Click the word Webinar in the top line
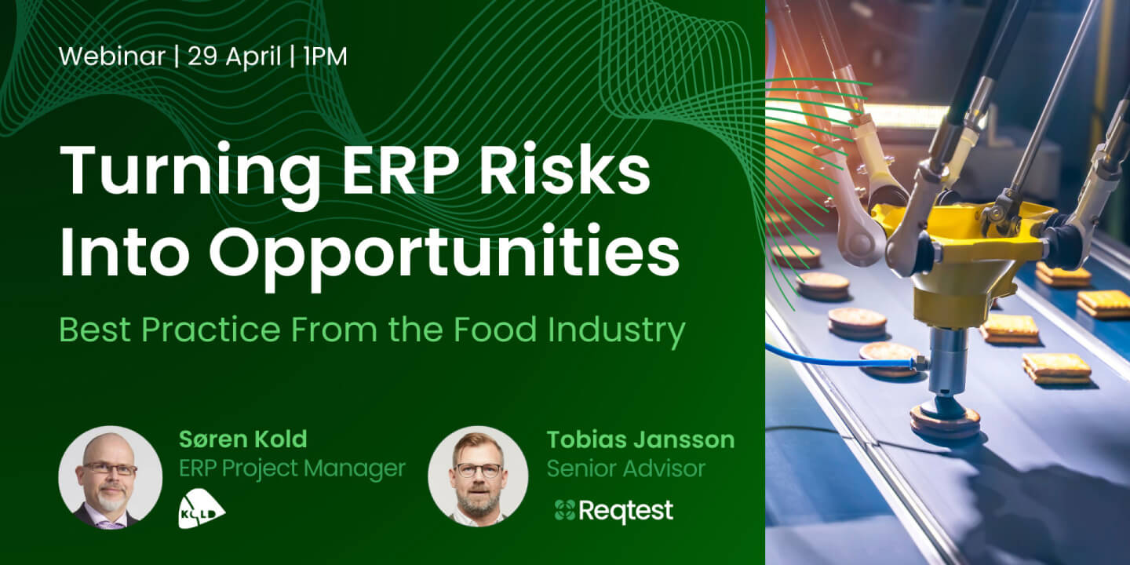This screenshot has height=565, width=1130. pos(112,56)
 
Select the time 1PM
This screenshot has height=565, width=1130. pos(326,56)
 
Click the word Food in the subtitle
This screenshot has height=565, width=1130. pos(495,330)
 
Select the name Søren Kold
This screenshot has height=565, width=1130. pos(243,439)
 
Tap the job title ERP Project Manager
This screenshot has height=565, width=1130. pos(292,468)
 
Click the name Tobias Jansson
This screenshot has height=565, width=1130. pos(640,439)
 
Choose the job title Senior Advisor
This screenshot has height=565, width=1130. pos(626,468)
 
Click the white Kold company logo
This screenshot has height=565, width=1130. pos(201,510)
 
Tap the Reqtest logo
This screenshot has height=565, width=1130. pos(614,511)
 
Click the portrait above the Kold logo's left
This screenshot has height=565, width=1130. pos(111,477)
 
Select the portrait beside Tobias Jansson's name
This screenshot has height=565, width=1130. pos(478,476)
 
